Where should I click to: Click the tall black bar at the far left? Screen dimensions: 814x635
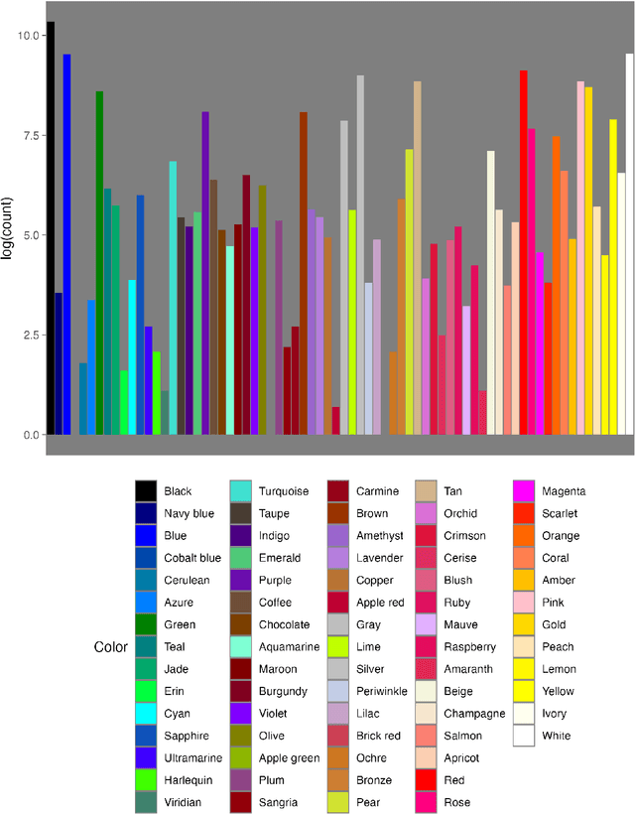(x=51, y=228)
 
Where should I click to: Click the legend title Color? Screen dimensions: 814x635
(x=110, y=647)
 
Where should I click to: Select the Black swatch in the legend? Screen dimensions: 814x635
(x=146, y=491)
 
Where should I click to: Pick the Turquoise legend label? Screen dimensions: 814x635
(x=284, y=491)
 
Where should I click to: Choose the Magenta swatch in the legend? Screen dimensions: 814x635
(x=524, y=491)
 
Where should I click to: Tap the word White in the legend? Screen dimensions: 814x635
(x=557, y=736)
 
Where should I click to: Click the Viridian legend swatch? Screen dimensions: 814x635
(x=146, y=802)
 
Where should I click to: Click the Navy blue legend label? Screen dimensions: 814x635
(x=189, y=513)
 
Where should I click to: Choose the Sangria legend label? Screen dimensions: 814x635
(x=279, y=802)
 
